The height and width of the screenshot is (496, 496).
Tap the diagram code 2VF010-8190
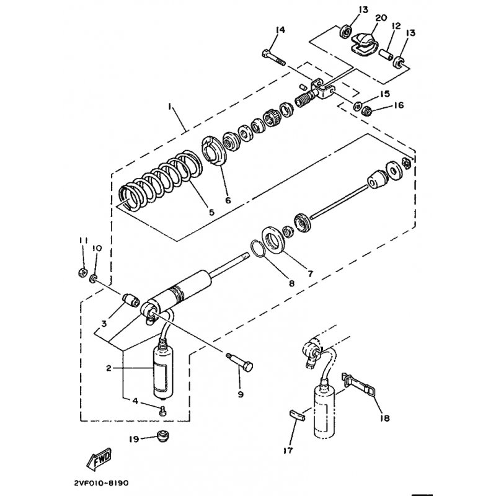pyautogui.click(x=102, y=483)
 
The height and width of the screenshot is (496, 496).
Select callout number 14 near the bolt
pyautogui.click(x=280, y=30)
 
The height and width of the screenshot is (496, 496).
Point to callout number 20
pyautogui.click(x=381, y=18)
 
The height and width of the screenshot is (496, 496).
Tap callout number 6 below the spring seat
pyautogui.click(x=228, y=200)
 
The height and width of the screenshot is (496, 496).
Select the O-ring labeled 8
pyautogui.click(x=260, y=249)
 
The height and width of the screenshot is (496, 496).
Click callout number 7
pyautogui.click(x=311, y=273)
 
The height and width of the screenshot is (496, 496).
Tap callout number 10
pyautogui.click(x=97, y=249)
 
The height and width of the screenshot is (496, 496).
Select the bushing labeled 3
pyautogui.click(x=131, y=299)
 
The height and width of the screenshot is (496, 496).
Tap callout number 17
pyautogui.click(x=288, y=450)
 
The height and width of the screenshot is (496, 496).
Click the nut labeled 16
pyautogui.click(x=367, y=111)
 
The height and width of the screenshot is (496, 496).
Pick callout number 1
pyautogui.click(x=170, y=108)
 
